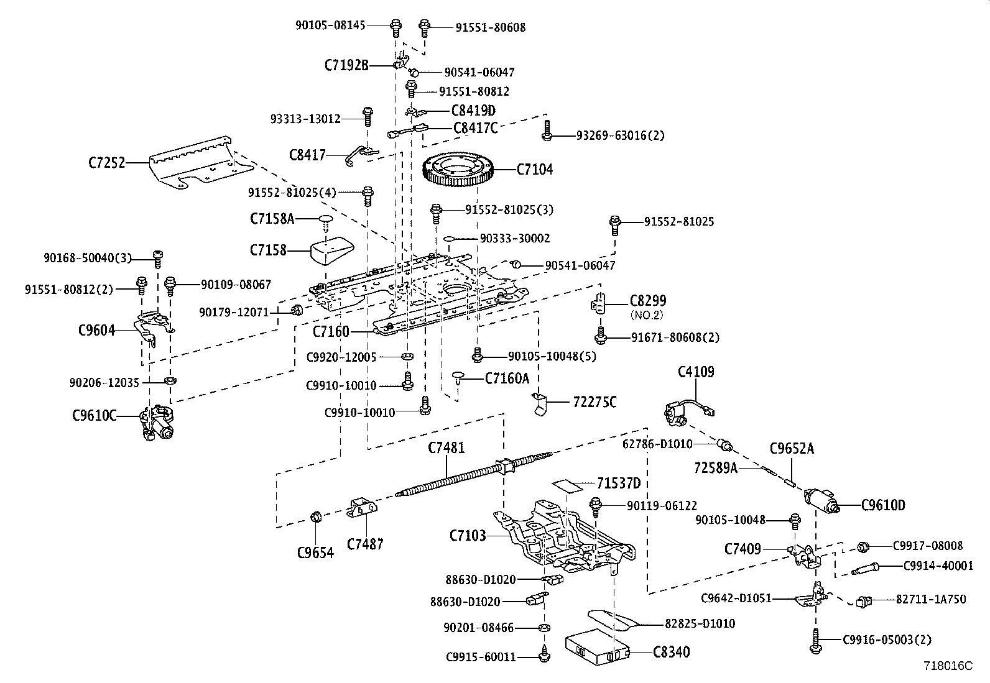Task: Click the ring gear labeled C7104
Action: coord(462,170)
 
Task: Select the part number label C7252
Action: coord(106,163)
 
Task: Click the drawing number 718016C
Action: coord(947,666)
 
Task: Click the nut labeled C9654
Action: coord(315,516)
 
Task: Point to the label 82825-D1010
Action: coord(700,623)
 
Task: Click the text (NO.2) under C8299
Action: coord(648,315)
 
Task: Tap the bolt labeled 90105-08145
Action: coord(395,27)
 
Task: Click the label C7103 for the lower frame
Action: coord(468,535)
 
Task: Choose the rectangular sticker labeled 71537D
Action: coord(567,485)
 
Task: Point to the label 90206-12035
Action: coord(104,383)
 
